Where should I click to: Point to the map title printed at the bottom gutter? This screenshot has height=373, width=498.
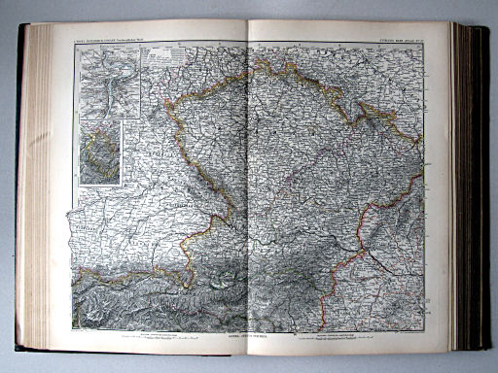pyautogui.click(x=251, y=335)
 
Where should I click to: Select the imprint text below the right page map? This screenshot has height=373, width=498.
pyautogui.click(x=340, y=337)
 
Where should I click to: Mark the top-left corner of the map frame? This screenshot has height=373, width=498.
pyautogui.click(x=75, y=45)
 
